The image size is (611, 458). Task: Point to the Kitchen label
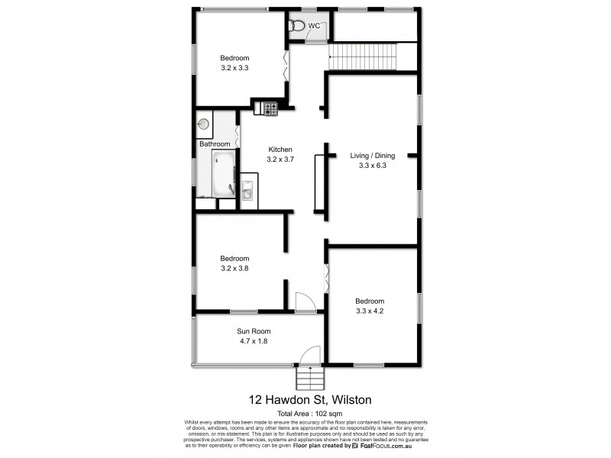[x=280, y=150]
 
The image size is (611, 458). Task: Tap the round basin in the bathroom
[x=203, y=123]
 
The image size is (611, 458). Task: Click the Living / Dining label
[x=373, y=156]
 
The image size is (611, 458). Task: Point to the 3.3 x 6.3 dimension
[x=373, y=166]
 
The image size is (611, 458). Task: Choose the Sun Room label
[x=254, y=331]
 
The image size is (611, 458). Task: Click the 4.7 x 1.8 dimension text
[x=254, y=341]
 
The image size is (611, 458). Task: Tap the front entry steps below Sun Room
[x=309, y=377]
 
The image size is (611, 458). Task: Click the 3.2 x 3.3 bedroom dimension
[x=234, y=68]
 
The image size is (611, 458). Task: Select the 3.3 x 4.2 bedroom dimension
[x=369, y=311]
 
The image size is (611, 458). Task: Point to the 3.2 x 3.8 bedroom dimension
[x=234, y=268]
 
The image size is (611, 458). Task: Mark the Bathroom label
[x=215, y=144]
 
